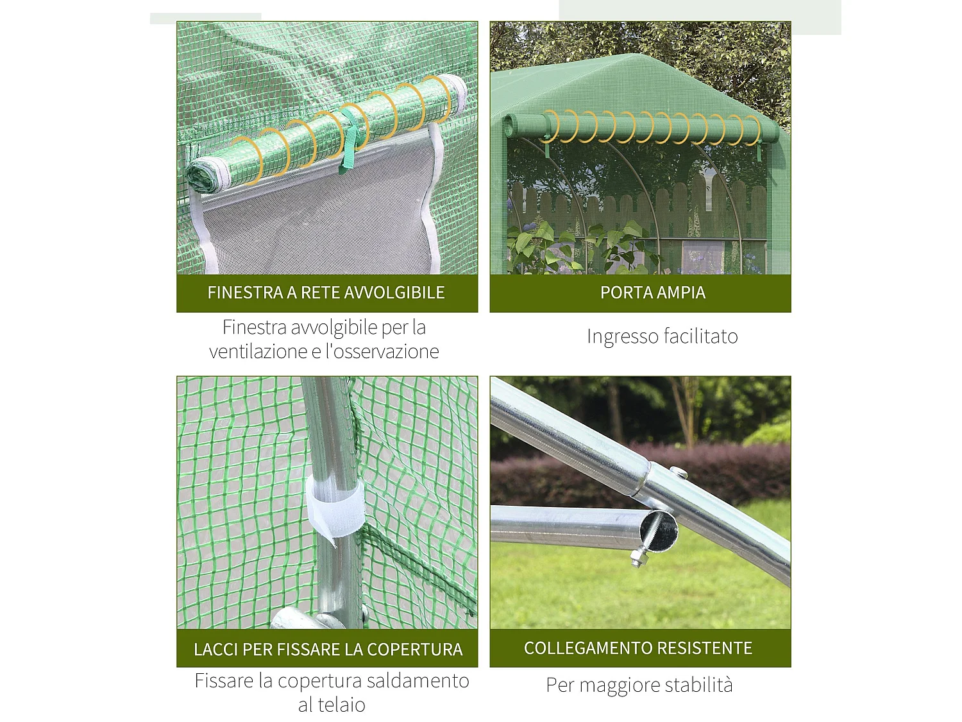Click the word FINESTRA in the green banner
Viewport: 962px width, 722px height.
[245, 293]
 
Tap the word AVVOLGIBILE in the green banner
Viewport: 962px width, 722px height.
[394, 293]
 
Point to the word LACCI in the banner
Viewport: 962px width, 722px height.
[216, 649]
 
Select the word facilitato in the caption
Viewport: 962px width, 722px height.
[700, 336]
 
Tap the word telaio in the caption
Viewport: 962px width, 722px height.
[341, 705]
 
